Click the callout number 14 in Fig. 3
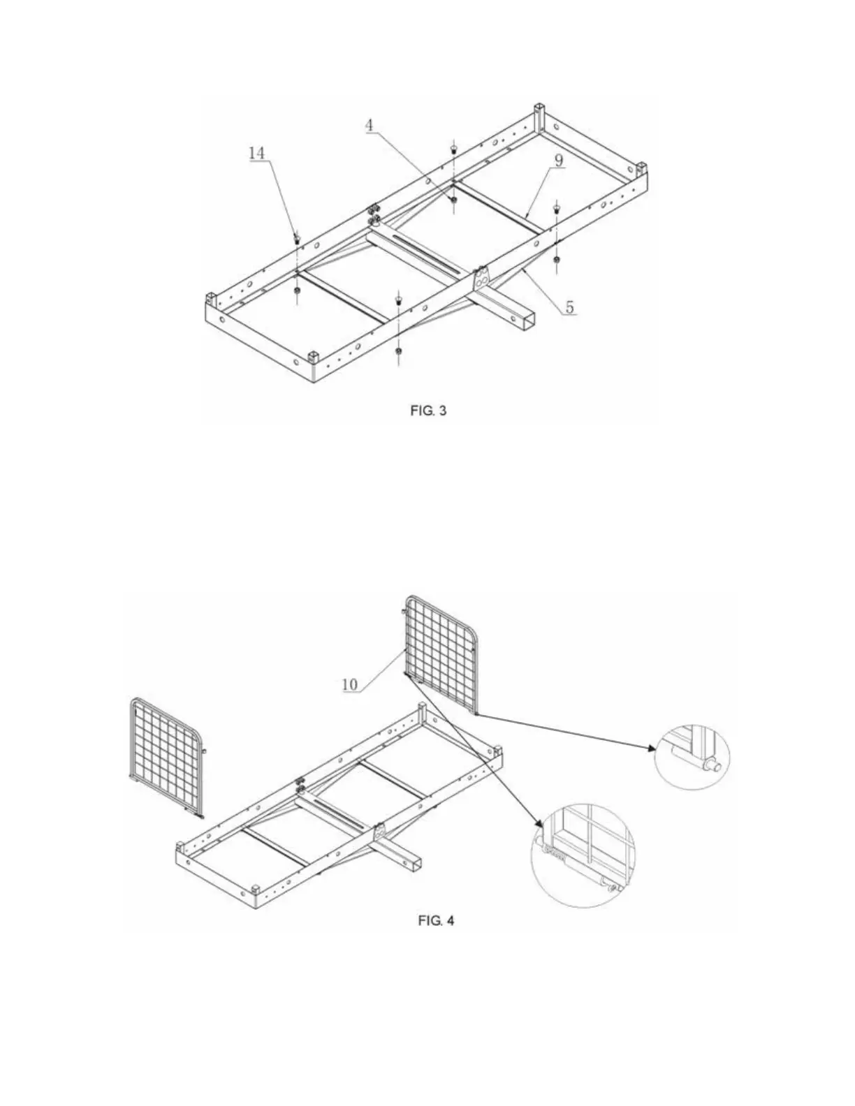coord(257,153)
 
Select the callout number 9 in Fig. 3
coord(559,159)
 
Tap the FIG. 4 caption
coord(436,920)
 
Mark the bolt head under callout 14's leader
coord(298,241)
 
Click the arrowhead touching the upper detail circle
coord(652,748)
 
